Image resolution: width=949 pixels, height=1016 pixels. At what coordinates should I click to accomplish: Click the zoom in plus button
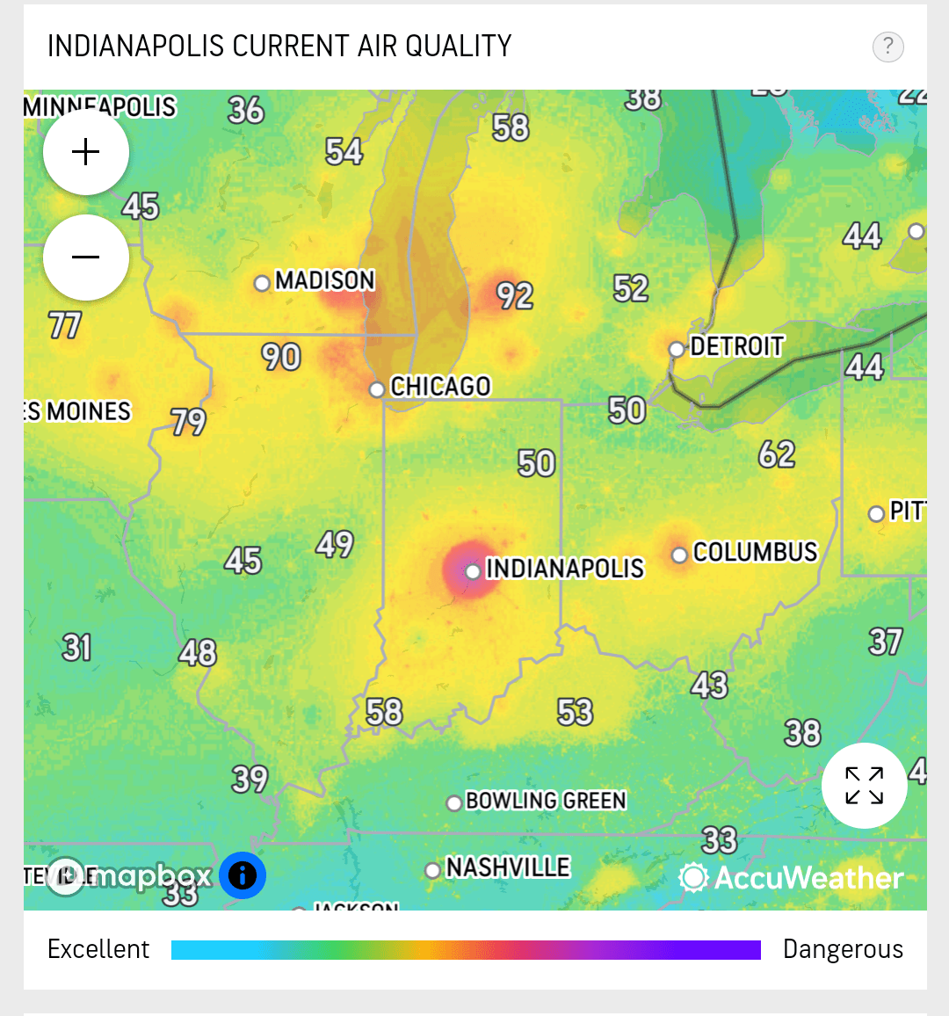tap(86, 152)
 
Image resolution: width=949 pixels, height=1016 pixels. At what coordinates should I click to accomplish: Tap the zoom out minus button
tap(86, 258)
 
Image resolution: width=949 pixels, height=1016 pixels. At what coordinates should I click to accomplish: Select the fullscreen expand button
tap(864, 786)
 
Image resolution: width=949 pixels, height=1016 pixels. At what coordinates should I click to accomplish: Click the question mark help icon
tap(887, 47)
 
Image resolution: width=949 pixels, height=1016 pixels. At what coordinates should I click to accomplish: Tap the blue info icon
tap(243, 875)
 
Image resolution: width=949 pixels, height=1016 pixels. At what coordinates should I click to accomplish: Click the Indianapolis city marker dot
tap(473, 571)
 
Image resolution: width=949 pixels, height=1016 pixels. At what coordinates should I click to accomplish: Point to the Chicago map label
tap(440, 387)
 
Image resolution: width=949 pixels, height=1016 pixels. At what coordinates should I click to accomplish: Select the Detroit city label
tap(736, 347)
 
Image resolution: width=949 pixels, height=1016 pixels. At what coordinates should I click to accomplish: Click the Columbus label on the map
tap(755, 552)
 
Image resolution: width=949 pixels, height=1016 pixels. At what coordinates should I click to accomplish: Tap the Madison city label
tap(325, 280)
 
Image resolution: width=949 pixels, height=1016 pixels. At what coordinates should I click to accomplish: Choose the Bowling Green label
tap(546, 801)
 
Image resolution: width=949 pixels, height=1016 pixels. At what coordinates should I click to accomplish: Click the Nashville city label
tap(508, 867)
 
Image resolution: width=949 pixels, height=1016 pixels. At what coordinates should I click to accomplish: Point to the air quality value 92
tap(515, 296)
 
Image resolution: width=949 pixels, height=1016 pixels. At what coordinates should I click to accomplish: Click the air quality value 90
tap(281, 357)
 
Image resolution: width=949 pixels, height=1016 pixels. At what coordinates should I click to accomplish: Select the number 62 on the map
tap(777, 454)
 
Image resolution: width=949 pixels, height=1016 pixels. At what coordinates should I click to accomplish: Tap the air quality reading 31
tap(77, 648)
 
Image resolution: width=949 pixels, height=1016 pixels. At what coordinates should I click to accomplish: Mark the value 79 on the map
tap(189, 423)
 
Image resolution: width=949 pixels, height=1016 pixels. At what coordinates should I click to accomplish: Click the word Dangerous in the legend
tap(843, 949)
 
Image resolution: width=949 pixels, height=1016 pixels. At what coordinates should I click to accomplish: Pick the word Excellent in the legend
tap(98, 949)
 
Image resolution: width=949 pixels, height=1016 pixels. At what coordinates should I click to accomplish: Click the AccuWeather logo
tap(792, 877)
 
